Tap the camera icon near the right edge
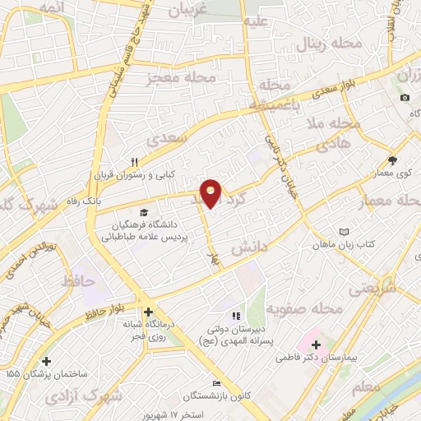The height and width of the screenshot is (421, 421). pos(405,98)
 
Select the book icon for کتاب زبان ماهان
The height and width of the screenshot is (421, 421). pos(345,233)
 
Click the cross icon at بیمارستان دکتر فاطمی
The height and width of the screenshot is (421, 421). pos(316,344)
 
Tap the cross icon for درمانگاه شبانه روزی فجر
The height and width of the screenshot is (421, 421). pos(148,312)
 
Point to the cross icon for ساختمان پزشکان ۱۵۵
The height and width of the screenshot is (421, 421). pos(46,360)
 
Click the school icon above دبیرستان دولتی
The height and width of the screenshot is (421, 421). pos(236,315)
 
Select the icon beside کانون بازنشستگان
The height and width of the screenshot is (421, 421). pos(216,384)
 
